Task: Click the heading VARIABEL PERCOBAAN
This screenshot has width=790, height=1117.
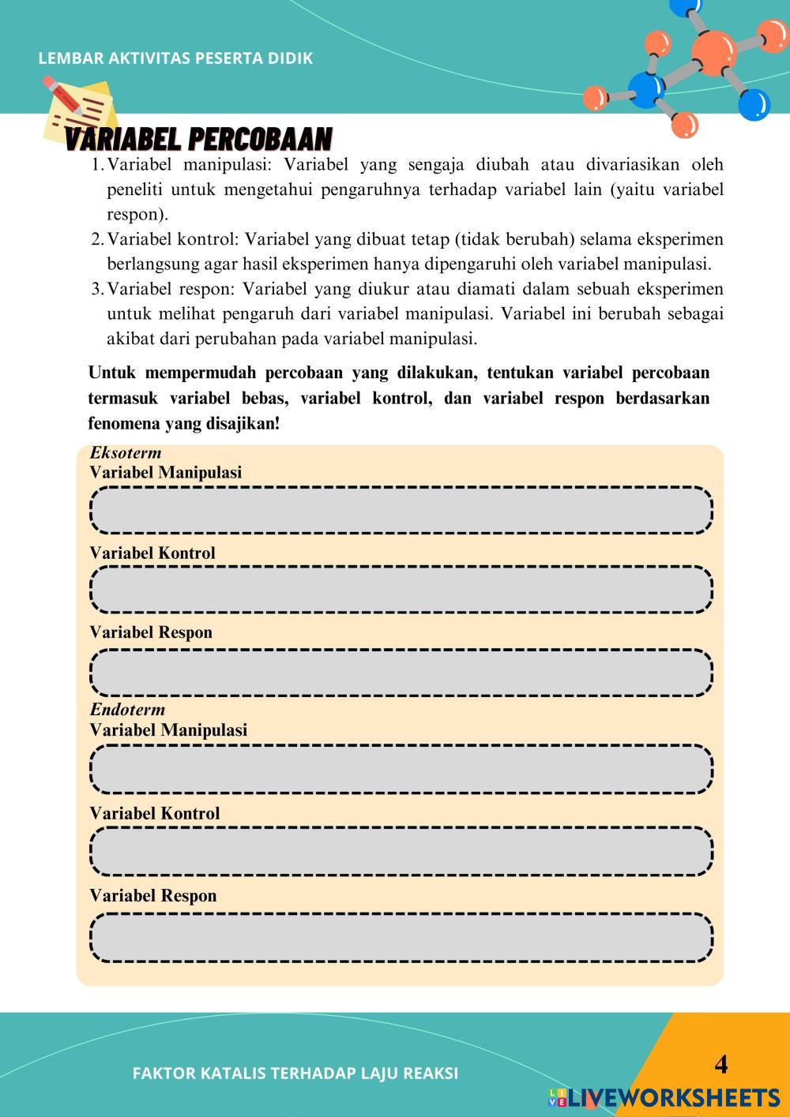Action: pyautogui.click(x=198, y=140)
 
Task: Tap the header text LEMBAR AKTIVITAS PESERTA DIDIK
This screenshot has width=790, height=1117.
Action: pyautogui.click(x=175, y=58)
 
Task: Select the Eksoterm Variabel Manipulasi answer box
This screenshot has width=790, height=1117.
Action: pyautogui.click(x=402, y=510)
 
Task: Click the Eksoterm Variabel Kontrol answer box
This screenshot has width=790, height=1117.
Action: pyautogui.click(x=402, y=590)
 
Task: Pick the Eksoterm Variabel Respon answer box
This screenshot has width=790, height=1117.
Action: pyautogui.click(x=402, y=673)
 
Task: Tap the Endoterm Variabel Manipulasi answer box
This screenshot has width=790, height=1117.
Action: pyautogui.click(x=402, y=768)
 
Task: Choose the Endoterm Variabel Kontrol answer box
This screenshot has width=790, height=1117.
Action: pyautogui.click(x=402, y=851)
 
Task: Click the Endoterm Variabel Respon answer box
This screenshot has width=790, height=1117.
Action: pyautogui.click(x=402, y=938)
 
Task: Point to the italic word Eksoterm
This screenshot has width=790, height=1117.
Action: pyautogui.click(x=126, y=453)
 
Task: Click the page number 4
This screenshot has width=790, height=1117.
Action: pyautogui.click(x=720, y=1064)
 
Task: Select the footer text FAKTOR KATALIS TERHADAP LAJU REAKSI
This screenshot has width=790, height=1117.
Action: pyautogui.click(x=295, y=1074)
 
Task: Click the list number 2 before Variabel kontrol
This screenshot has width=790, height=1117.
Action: pyautogui.click(x=96, y=239)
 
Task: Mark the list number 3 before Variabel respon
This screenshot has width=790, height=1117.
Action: pyautogui.click(x=96, y=290)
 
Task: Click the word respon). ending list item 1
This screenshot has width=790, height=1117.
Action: pyautogui.click(x=137, y=215)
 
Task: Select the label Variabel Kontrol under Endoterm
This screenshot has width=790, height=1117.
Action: pyautogui.click(x=155, y=813)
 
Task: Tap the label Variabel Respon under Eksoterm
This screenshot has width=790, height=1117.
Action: pyautogui.click(x=151, y=632)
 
